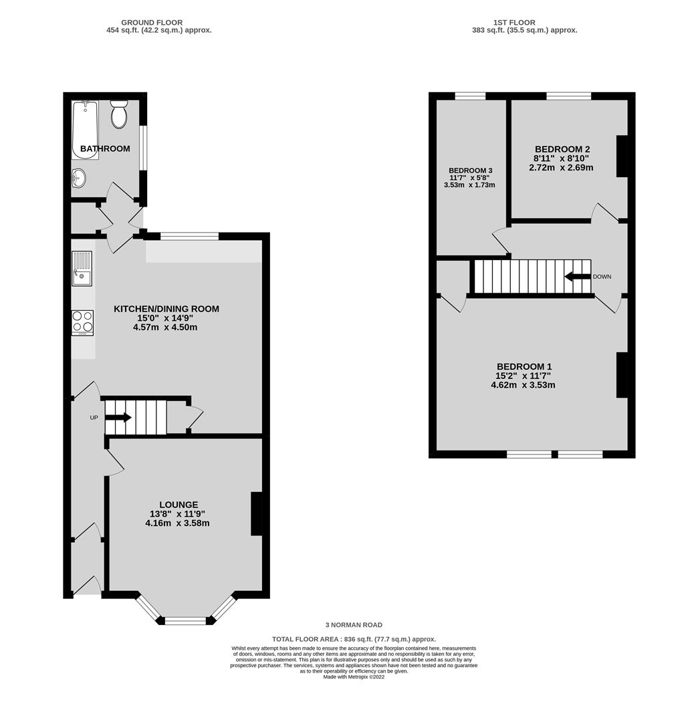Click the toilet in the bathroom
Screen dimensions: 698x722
tap(119, 115)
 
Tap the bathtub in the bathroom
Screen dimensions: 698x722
tap(85, 130)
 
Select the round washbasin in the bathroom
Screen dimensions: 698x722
tap(79, 177)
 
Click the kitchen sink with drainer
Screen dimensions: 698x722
tap(82, 269)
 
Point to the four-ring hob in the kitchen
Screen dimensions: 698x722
tap(83, 322)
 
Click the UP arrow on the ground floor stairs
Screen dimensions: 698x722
tap(118, 418)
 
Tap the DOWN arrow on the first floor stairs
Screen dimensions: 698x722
tap(578, 277)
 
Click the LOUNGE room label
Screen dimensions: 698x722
tap(179, 505)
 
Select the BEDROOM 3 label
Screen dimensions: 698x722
tap(471, 170)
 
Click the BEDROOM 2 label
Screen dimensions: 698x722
tap(562, 149)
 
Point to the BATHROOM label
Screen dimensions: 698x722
tap(105, 148)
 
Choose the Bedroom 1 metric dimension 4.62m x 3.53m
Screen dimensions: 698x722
tap(523, 385)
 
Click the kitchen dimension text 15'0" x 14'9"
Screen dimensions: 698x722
tap(165, 318)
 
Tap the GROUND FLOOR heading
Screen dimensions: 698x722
tap(152, 23)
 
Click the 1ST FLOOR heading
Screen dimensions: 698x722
tap(514, 23)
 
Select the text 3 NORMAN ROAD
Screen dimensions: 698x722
tap(354, 625)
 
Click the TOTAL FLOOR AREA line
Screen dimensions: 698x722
tap(354, 639)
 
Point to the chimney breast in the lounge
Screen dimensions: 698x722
tap(257, 514)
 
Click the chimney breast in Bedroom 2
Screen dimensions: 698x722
tap(622, 156)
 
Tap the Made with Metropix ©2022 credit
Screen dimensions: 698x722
tap(354, 677)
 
